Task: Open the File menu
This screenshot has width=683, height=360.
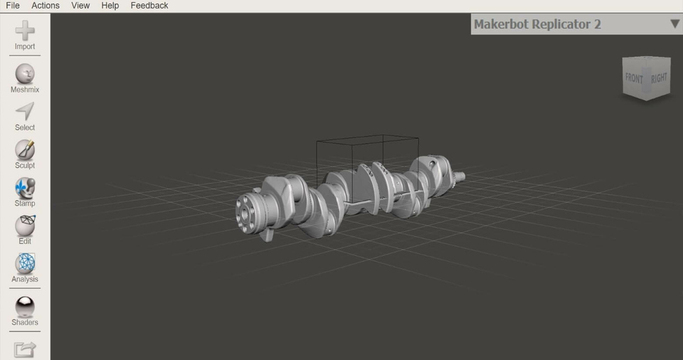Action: [x=12, y=6]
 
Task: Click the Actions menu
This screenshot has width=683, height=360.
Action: [x=46, y=6]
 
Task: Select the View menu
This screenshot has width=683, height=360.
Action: [x=80, y=6]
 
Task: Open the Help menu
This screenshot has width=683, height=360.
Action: [x=110, y=6]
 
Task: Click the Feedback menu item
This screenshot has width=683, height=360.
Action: [x=149, y=6]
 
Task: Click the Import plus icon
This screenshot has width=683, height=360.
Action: [x=25, y=31]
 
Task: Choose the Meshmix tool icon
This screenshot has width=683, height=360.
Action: [x=25, y=74]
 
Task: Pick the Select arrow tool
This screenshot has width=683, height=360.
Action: [x=25, y=112]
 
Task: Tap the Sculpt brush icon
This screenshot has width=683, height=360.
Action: [x=25, y=149]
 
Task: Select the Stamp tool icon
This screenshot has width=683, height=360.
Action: [x=25, y=188]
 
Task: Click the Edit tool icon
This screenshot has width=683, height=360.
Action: [x=25, y=226]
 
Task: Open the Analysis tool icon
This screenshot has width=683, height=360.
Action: [x=25, y=264]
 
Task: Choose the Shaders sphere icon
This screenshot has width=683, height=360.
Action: [x=25, y=307]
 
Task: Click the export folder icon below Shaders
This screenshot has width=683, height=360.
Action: [x=25, y=349]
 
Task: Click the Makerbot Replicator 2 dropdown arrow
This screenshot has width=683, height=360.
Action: [x=674, y=24]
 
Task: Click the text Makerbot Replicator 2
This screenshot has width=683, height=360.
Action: [x=537, y=24]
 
